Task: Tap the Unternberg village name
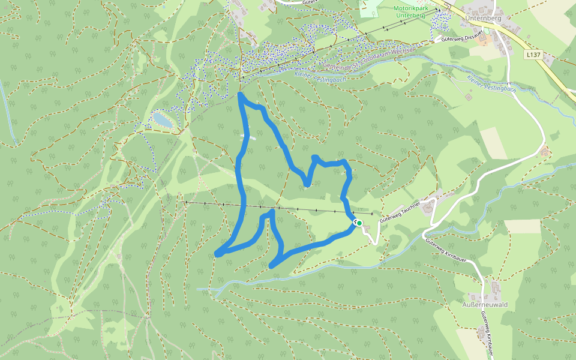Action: pyautogui.click(x=482, y=18)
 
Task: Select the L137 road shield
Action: pyautogui.click(x=532, y=55)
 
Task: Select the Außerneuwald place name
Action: pyautogui.click(x=485, y=305)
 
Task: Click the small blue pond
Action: pyautogui.click(x=162, y=119)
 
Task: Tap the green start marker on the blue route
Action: pyautogui.click(x=359, y=223)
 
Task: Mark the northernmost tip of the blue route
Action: pyautogui.click(x=241, y=94)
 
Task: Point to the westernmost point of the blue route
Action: pyautogui.click(x=217, y=254)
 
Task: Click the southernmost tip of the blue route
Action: pyautogui.click(x=272, y=266)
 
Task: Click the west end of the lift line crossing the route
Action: pyautogui.click(x=182, y=202)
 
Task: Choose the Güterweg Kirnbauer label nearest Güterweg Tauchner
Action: pyautogui.click(x=447, y=251)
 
